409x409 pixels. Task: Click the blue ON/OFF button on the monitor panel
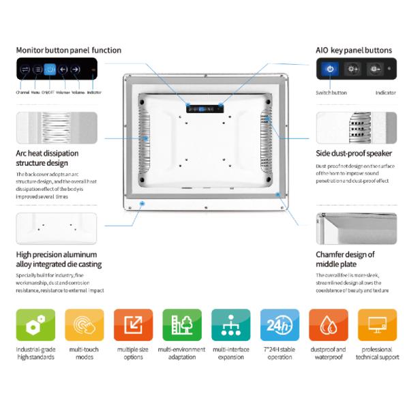[x=50, y=70]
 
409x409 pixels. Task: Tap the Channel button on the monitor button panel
[x=24, y=70]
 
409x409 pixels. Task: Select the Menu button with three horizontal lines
[x=37, y=70]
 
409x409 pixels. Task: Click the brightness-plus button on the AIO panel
[x=352, y=69]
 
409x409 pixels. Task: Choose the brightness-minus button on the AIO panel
[x=374, y=69]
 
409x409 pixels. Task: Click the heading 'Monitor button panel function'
[x=68, y=50]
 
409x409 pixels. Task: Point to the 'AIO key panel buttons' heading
[x=354, y=50]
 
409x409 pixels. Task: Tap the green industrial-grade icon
[x=35, y=325]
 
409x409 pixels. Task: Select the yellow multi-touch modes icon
[x=85, y=325]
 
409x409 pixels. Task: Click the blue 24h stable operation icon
[x=279, y=325]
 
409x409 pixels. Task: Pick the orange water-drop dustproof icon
[x=329, y=325]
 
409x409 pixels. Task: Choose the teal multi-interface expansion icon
[x=230, y=325]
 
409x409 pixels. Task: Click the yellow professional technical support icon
[x=377, y=325]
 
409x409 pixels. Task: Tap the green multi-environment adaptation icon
[x=182, y=325]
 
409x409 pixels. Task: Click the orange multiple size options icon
[x=133, y=325]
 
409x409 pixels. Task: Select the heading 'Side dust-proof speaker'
[x=354, y=153]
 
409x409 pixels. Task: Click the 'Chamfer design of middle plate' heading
[x=345, y=259]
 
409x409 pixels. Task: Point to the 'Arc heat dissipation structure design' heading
[x=47, y=158]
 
